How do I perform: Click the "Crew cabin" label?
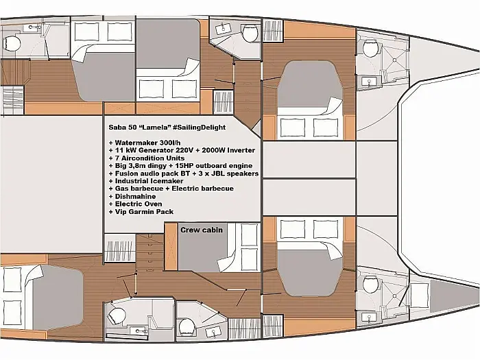click(202, 230)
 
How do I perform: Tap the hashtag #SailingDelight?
click(199, 128)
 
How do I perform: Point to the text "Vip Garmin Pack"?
click(144, 212)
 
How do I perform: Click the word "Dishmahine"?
click(135, 197)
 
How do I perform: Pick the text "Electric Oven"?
click(139, 204)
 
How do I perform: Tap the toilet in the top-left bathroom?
click(12, 43)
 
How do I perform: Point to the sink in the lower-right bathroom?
click(369, 317)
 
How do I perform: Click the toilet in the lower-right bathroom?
click(370, 284)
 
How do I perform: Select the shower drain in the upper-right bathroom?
click(395, 60)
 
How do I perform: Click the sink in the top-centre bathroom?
click(223, 29)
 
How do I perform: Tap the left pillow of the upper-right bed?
click(293, 128)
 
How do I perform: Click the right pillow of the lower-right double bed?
click(326, 229)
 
